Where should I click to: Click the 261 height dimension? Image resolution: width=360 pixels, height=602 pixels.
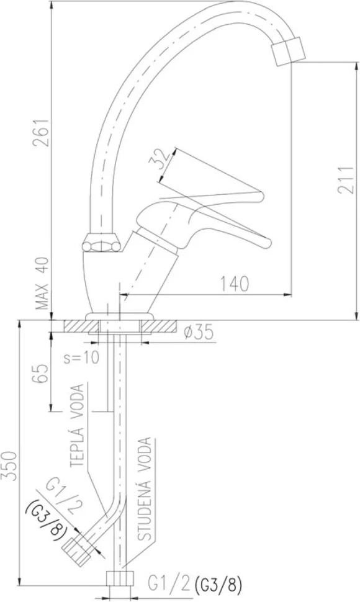click(41, 132)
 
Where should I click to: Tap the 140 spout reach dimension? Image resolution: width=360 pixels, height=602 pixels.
click(234, 284)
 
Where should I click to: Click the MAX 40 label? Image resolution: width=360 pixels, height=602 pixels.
click(42, 284)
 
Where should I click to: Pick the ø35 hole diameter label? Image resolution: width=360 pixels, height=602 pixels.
click(198, 333)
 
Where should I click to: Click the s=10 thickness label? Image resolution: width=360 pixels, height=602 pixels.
click(81, 357)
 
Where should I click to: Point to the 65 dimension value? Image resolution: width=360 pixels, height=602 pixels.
click(42, 373)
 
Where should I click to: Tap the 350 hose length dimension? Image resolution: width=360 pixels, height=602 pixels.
click(9, 465)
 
